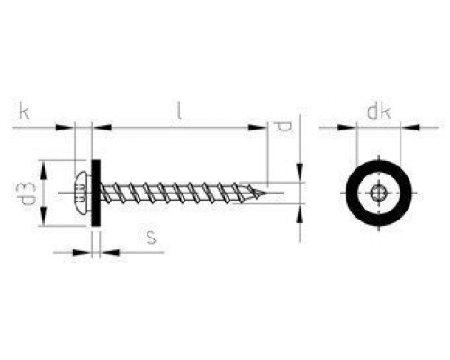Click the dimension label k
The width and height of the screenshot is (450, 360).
[24, 111]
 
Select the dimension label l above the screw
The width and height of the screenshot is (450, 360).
[179, 111]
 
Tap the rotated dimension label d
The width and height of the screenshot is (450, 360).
[282, 127]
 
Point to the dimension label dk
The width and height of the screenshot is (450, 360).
[379, 112]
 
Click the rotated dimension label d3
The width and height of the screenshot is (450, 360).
[26, 194]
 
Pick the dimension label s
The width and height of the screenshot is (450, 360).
[151, 237]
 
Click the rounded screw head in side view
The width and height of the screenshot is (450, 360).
[83, 193]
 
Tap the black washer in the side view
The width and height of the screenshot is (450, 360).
[95, 193]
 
